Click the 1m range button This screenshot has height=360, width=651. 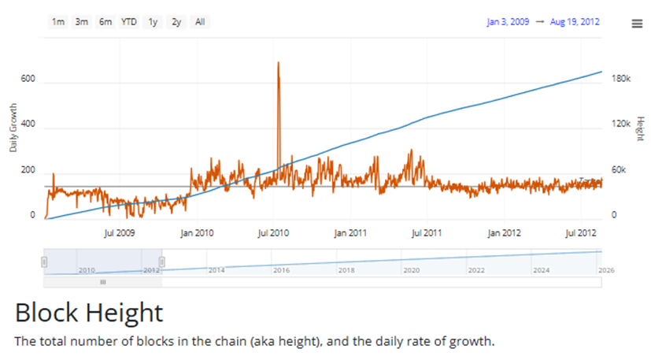(x=58, y=22)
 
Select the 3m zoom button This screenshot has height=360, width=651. (x=82, y=22)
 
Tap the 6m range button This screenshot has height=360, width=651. (x=105, y=22)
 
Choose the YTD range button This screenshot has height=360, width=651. (x=129, y=22)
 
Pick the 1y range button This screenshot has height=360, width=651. (x=153, y=22)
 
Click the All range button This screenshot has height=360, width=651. (x=200, y=22)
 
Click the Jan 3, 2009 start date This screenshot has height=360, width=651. (x=508, y=22)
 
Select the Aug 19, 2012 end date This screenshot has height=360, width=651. (x=575, y=22)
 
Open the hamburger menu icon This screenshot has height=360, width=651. (x=637, y=24)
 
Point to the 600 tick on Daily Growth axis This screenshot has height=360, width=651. (x=28, y=80)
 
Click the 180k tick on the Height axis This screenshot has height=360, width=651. (x=622, y=80)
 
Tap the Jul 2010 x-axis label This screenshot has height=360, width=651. (x=273, y=233)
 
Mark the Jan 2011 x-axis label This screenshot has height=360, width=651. (x=350, y=233)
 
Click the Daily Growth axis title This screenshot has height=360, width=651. (x=13, y=129)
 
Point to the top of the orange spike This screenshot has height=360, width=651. (x=279, y=62)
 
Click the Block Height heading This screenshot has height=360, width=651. (x=89, y=313)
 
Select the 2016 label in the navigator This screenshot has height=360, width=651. (x=281, y=270)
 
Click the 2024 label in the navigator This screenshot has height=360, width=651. (x=541, y=270)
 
